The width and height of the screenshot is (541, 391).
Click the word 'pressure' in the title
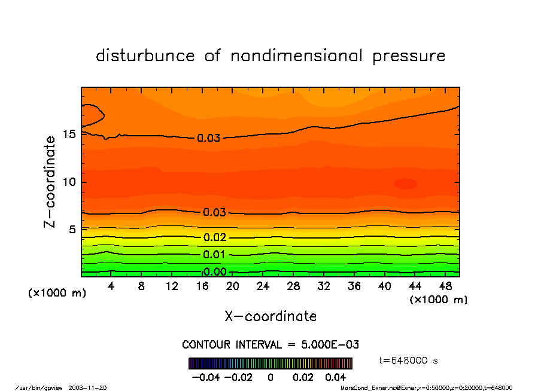point(409,56)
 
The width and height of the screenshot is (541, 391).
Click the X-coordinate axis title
point(270,316)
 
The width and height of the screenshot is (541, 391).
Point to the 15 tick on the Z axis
point(69,134)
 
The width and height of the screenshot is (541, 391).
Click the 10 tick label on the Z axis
point(69,182)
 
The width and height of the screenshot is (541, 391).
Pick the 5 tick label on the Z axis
point(72,229)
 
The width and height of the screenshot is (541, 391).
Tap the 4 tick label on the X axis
point(111,286)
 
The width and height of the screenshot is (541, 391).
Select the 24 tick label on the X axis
point(263,286)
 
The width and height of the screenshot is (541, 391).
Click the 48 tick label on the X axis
point(445,286)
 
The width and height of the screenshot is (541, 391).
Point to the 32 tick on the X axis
point(324,286)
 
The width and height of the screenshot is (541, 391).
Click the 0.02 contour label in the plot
point(214,237)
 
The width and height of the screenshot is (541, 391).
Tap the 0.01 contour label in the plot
point(214,255)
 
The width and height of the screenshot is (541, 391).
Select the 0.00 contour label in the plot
point(214,272)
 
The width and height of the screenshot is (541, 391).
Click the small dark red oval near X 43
point(405,184)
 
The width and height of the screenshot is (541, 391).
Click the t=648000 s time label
point(409,361)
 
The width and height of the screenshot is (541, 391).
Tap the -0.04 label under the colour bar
point(204,377)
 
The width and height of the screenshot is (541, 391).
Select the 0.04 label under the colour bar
point(336,377)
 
